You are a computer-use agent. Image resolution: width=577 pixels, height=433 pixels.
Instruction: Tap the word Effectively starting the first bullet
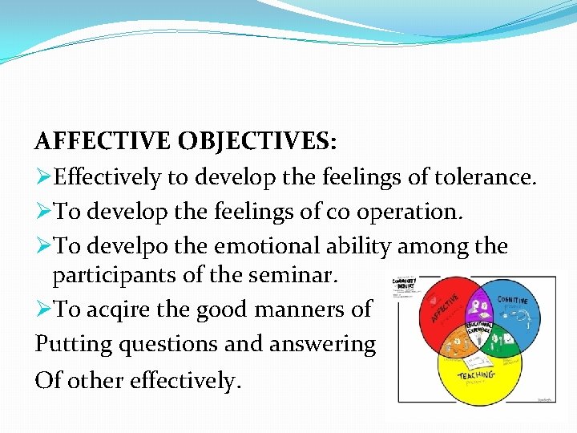[108, 176]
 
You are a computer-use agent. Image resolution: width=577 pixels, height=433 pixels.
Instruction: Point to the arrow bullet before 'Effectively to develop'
[43, 176]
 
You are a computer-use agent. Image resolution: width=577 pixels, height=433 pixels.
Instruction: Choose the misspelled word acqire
[119, 309]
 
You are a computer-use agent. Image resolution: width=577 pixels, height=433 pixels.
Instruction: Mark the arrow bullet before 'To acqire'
[43, 309]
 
